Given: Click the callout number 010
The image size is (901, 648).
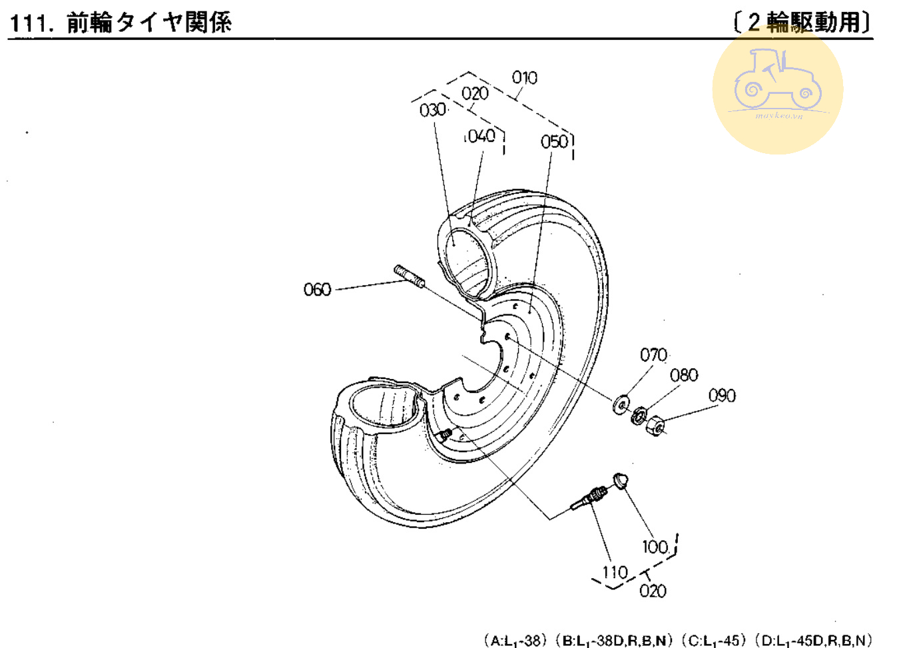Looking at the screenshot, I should tap(525, 78).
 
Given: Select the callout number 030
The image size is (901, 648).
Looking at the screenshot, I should tap(432, 110).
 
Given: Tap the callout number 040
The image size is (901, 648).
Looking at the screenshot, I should tap(480, 137).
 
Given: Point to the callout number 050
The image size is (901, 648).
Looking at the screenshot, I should tap(554, 142).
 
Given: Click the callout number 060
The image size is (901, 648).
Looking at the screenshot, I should tap(317, 290).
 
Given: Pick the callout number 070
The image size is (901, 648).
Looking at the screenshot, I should tap(653, 355).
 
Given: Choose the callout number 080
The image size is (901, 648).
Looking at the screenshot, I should tap(684, 376).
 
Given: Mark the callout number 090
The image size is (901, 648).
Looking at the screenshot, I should tap(722, 396).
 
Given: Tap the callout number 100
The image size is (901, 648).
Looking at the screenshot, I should tap(655, 547).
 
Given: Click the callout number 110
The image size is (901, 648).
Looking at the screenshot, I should tap(615, 573).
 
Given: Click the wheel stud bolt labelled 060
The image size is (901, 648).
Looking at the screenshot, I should tap(410, 276).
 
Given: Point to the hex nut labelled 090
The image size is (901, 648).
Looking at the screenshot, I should tap(656, 424).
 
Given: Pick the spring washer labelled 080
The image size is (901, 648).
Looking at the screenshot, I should tap(639, 415).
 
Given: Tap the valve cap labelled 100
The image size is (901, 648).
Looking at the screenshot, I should tap(621, 480).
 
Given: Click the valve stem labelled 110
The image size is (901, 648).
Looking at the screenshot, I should tap(589, 497).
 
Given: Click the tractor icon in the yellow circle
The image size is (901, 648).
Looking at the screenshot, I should tap(777, 81).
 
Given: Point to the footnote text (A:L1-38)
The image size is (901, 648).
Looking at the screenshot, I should tap(513, 641).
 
